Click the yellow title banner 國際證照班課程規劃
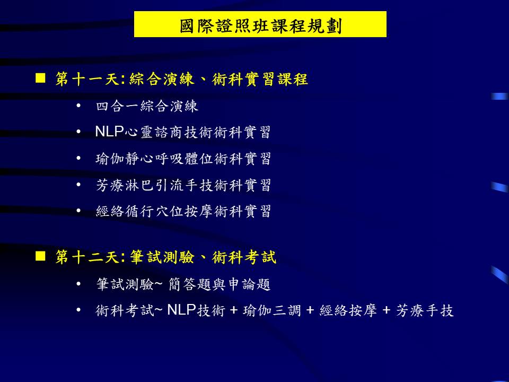click(260, 24)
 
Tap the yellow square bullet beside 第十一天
click(40, 79)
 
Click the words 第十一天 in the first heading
click(87, 79)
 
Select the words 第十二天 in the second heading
click(87, 257)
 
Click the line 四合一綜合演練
click(147, 106)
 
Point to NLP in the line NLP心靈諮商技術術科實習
click(109, 132)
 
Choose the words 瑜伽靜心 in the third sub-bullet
click(125, 159)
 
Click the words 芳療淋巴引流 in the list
click(139, 185)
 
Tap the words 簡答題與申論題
click(220, 284)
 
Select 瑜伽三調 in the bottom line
click(272, 310)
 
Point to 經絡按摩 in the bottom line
click(348, 310)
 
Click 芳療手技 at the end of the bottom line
click(425, 310)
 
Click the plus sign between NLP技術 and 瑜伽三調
click(234, 310)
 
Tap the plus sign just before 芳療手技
click(387, 310)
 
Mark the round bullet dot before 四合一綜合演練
click(78, 106)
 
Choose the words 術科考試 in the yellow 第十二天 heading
click(244, 257)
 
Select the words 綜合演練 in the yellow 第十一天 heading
click(162, 79)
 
